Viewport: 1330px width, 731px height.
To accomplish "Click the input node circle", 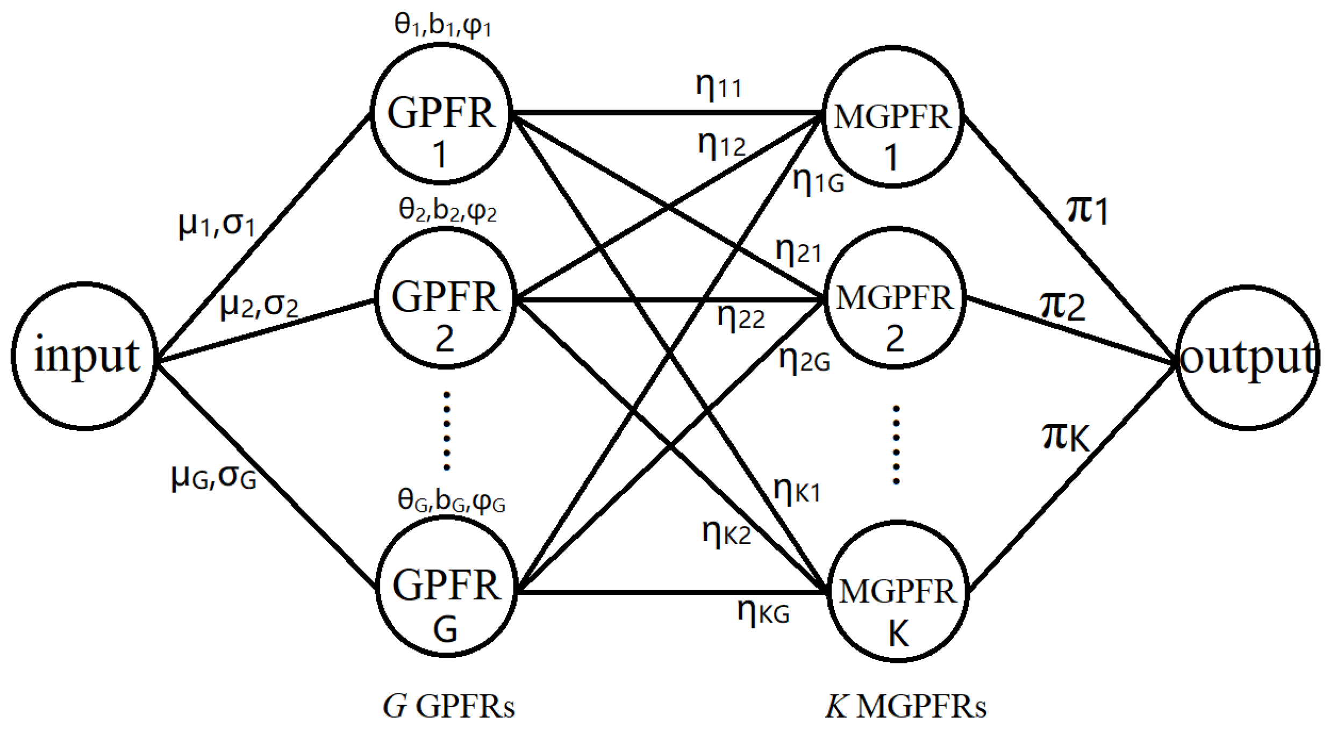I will tap(84, 356).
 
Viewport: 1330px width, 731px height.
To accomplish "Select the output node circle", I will tap(1247, 358).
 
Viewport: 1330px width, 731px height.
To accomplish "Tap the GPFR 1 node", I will tap(441, 114).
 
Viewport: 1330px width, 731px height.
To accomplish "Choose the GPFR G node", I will tap(446, 587).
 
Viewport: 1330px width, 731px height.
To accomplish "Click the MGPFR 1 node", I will tap(892, 117).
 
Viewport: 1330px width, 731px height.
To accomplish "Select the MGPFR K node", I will tap(898, 591).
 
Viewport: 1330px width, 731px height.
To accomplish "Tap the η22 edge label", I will tap(741, 318).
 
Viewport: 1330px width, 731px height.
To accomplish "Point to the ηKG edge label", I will tap(763, 612).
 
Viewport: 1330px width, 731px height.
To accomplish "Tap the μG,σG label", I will tap(213, 476).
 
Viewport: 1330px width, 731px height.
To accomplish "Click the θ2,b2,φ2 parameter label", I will tap(447, 211).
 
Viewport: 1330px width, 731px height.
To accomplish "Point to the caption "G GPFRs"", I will tap(449, 706).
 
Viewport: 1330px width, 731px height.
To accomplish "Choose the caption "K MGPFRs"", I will tap(906, 706).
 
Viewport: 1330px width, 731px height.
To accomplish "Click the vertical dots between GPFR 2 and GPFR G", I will tap(446, 431).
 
